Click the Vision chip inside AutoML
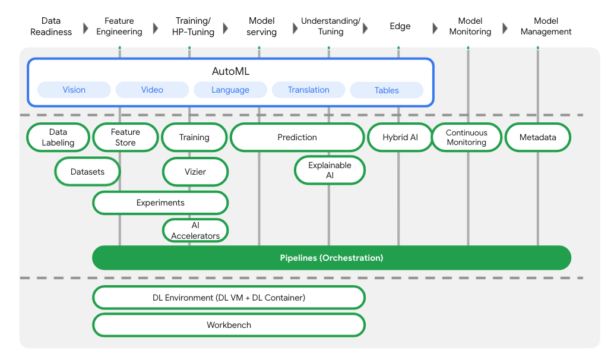pos(74,90)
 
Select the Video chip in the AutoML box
pos(152,90)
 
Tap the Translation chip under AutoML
pos(308,90)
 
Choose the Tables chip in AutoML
pos(387,90)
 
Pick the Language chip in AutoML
pos(230,90)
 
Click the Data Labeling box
pos(58,137)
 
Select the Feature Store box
pos(125,137)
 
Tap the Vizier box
pos(195,172)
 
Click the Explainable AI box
pos(330,170)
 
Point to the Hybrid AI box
pos(400,137)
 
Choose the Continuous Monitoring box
pos(467,137)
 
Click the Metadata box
pos(537,137)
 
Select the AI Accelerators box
pos(195,230)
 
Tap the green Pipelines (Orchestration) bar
pos(331,258)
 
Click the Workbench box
pos(229,325)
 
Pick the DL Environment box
pos(229,297)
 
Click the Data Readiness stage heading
pos(51,27)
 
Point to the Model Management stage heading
pos(546,27)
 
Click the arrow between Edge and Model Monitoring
pos(435,27)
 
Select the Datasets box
pos(87,172)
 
